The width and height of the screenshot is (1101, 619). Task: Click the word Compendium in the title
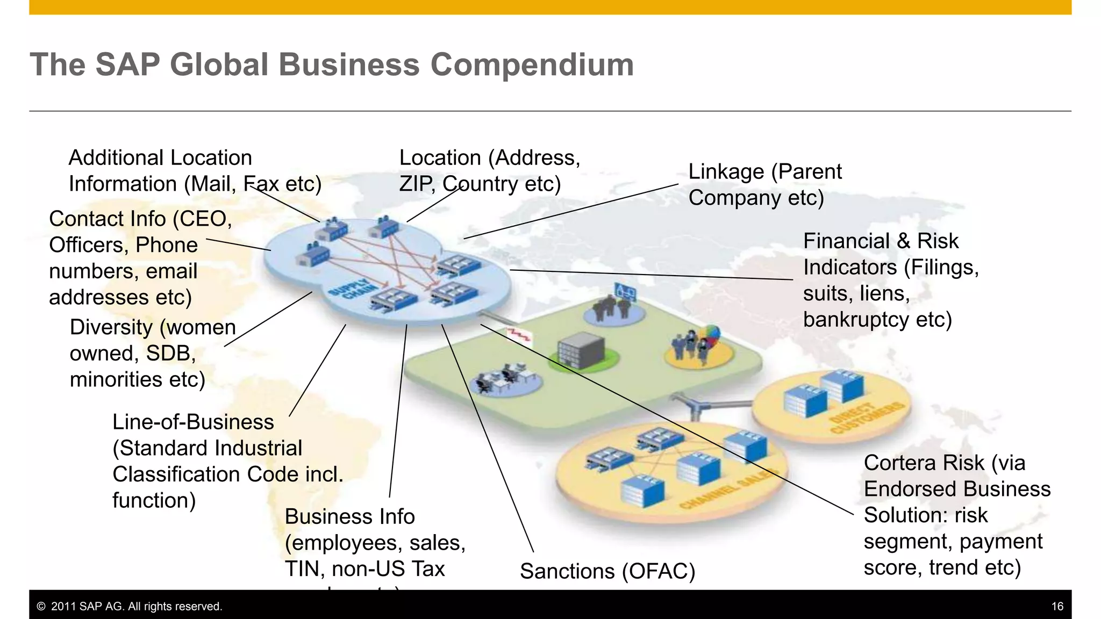pos(532,64)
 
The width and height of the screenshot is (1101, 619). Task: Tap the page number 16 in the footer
pos(1057,607)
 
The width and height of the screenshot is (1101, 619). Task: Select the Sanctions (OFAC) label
pos(607,571)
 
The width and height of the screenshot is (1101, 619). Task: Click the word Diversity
pos(111,327)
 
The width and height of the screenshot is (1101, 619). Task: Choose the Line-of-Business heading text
pos(193,422)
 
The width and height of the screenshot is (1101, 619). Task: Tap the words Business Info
pos(349,517)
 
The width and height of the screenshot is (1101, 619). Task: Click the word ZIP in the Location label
pos(416,184)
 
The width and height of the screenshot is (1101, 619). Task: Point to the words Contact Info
pos(108,219)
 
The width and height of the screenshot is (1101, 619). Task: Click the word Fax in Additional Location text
pos(261,184)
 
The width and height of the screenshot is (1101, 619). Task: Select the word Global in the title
pos(218,64)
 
